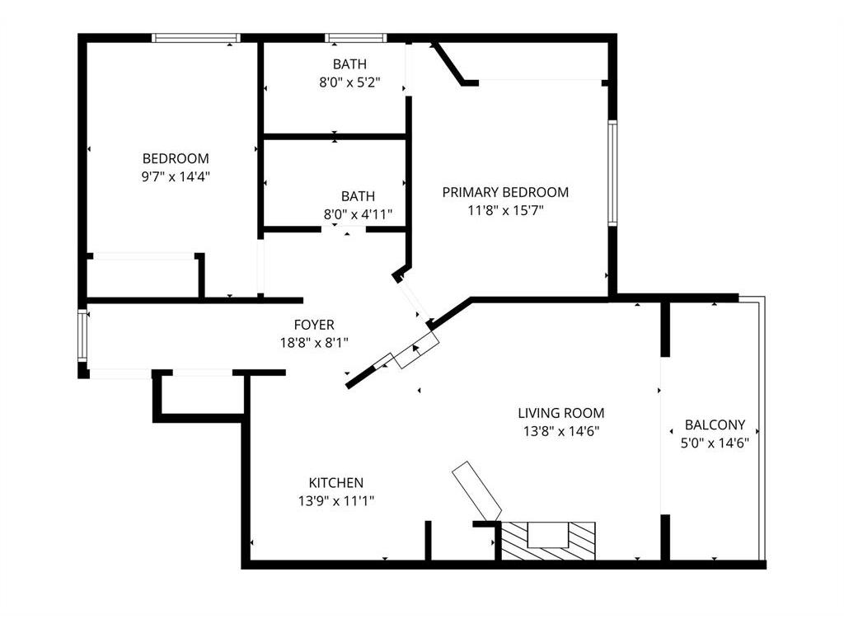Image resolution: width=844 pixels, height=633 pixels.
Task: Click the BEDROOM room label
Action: (176, 159)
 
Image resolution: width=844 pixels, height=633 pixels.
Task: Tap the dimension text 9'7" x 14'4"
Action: (176, 176)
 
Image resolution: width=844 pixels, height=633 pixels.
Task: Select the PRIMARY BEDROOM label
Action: (505, 192)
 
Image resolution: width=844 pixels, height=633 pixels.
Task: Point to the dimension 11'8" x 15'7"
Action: (505, 210)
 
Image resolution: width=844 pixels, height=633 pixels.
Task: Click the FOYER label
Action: (314, 325)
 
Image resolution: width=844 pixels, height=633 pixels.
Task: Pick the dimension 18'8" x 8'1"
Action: (314, 342)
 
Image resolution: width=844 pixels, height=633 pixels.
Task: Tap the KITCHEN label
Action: (336, 483)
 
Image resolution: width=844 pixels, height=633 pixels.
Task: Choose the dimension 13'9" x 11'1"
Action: (336, 501)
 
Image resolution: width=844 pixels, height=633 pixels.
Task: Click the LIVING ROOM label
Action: (561, 414)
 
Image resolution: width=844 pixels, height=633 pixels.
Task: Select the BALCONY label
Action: (715, 425)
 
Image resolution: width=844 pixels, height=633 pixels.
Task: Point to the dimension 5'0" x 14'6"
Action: (715, 443)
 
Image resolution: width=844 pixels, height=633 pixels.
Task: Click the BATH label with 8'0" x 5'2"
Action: (349, 64)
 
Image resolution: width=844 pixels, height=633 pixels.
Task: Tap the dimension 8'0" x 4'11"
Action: (358, 214)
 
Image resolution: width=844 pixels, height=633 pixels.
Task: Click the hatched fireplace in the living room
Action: (548, 541)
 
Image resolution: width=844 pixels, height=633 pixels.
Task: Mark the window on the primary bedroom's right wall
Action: (612, 173)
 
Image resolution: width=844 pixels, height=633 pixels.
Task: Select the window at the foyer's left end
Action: (82, 336)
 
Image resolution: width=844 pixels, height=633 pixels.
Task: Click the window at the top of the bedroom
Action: (196, 38)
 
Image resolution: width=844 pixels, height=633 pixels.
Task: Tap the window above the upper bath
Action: (356, 38)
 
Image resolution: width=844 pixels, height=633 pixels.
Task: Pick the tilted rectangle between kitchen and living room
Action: (477, 491)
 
